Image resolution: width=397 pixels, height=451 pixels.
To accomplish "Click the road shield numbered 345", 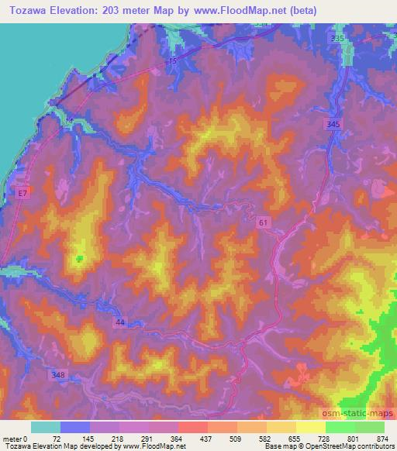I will [333, 124].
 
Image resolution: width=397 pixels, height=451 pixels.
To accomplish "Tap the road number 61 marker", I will [264, 222].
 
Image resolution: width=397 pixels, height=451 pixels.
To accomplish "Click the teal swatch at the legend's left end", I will [45, 427].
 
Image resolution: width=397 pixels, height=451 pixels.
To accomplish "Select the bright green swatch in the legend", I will [341, 427].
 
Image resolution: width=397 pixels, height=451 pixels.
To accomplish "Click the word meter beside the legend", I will [11, 438].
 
